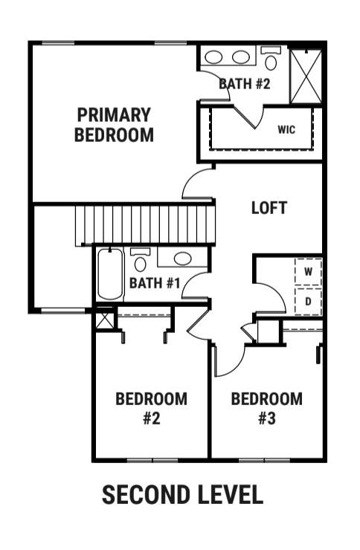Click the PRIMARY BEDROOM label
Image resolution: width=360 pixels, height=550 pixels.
click(x=114, y=125)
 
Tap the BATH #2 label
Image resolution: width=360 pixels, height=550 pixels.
click(x=245, y=84)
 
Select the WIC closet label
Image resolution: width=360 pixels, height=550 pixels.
click(x=286, y=130)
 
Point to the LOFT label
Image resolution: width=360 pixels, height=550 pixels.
click(x=269, y=208)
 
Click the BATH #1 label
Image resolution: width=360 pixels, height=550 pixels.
click(x=155, y=283)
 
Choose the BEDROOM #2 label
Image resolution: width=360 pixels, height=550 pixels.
click(x=151, y=409)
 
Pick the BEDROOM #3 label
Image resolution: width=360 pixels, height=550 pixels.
click(x=267, y=409)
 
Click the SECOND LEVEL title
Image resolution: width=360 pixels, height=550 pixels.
click(x=182, y=494)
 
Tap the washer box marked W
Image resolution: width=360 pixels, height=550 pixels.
click(x=309, y=271)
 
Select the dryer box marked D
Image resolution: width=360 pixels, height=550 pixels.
click(x=309, y=301)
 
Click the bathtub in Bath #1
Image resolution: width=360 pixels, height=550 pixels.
click(x=110, y=274)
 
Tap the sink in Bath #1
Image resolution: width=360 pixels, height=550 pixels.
click(x=183, y=259)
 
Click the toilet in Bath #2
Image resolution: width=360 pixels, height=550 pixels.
click(x=271, y=58)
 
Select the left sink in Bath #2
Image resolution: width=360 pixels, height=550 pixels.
click(x=213, y=57)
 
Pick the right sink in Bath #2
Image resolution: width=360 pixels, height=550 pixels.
click(x=241, y=57)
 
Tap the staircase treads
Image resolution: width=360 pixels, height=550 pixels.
click(x=145, y=225)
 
